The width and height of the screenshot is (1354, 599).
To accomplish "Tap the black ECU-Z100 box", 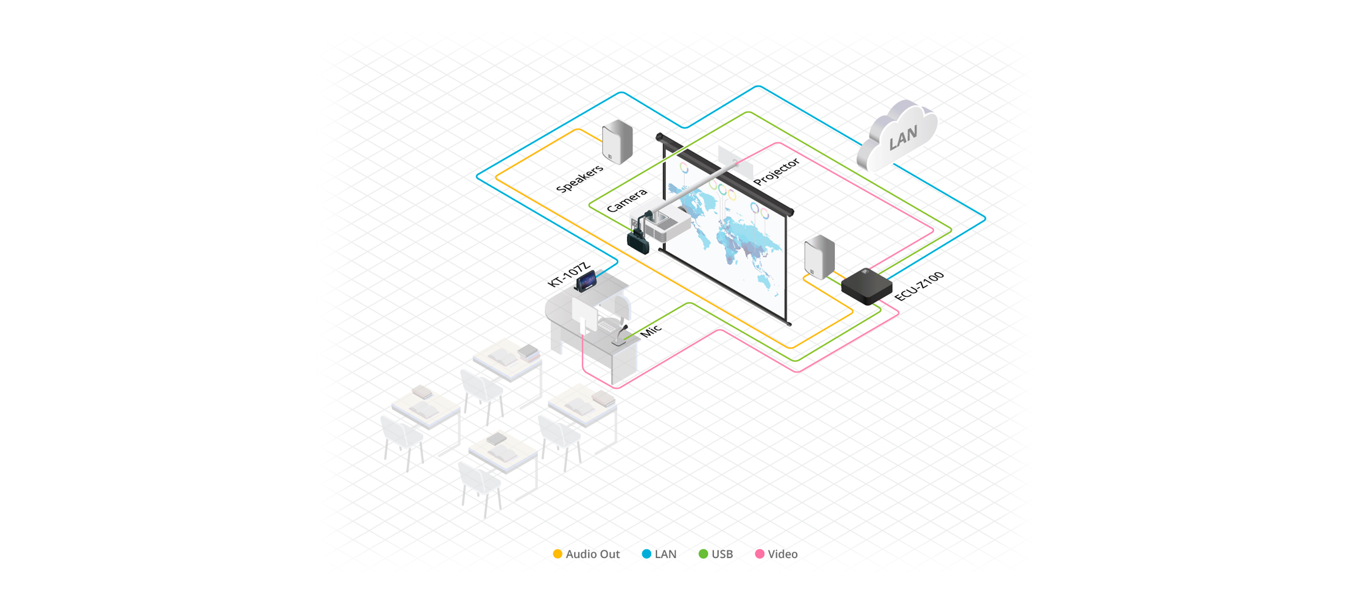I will click(866, 286).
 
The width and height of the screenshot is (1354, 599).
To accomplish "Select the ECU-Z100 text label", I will click(919, 286).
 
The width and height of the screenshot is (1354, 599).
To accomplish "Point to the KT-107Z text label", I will click(568, 274).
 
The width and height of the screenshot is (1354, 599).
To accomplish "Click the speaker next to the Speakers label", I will click(617, 142).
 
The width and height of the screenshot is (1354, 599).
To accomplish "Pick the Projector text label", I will click(776, 172).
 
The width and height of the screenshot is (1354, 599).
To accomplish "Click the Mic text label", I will click(651, 330).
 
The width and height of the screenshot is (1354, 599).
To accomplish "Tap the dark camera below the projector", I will click(638, 242).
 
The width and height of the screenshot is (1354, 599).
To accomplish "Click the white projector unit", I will click(667, 224).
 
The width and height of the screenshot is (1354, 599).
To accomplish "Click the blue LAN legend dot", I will click(646, 554).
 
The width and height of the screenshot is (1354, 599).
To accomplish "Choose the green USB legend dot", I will click(703, 554).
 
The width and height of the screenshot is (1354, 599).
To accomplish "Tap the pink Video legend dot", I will click(760, 554).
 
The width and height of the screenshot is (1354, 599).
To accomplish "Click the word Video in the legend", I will click(783, 554).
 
